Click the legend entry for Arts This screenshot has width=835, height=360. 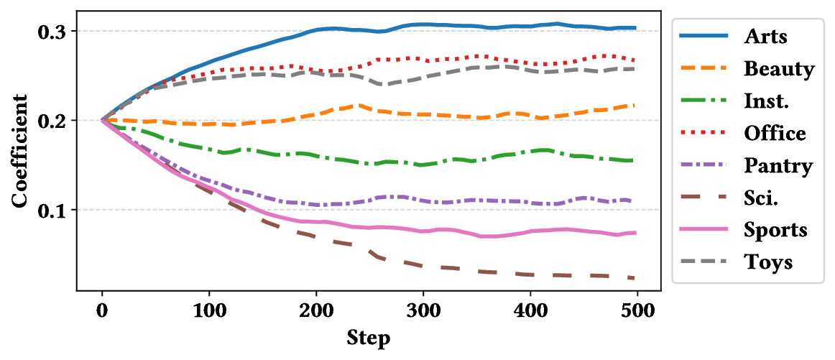pos(765,37)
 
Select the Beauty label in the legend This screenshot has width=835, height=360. pos(779,69)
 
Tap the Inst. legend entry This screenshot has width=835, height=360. pos(767,101)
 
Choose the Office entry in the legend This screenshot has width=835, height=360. pos(775,133)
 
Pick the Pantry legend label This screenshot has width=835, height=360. pos(778,166)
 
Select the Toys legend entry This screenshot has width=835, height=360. pos(768,262)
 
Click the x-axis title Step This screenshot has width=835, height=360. pos(369,338)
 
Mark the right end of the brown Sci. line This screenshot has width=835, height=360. pos(633,278)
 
